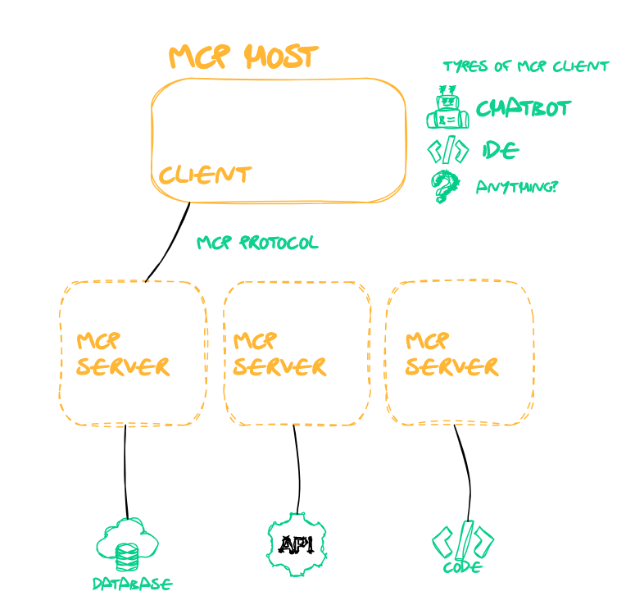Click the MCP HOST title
243,57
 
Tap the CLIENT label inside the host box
204,175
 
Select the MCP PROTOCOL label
257,243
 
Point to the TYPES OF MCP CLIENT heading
525,66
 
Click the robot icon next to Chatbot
447,108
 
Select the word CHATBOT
523,108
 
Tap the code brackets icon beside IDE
448,151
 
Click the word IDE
500,150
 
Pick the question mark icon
445,187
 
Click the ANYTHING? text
516,187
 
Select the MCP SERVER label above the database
122,354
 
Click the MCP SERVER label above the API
279,354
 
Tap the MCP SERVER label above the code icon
451,354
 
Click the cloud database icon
127,544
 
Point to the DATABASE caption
132,584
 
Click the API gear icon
297,544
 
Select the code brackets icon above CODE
463,541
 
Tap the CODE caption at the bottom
462,567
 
